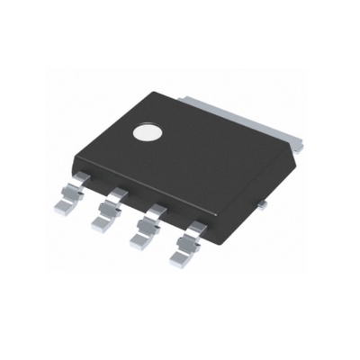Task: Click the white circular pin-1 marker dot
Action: pos(148,133)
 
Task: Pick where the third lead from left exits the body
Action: pos(156,210)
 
